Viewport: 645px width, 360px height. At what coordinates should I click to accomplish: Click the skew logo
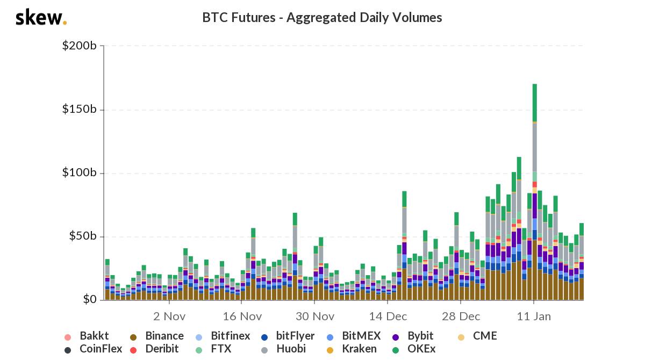click(x=41, y=18)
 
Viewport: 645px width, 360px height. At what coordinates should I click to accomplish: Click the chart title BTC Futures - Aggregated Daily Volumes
click(x=322, y=18)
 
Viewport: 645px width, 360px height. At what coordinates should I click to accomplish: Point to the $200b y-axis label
click(x=80, y=46)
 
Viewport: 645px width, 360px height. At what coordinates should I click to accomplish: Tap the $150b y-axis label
click(x=80, y=110)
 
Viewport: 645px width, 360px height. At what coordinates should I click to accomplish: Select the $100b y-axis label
click(x=80, y=173)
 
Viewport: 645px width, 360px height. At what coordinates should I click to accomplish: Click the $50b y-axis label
click(x=82, y=236)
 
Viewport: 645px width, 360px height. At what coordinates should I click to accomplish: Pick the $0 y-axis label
click(x=88, y=300)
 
